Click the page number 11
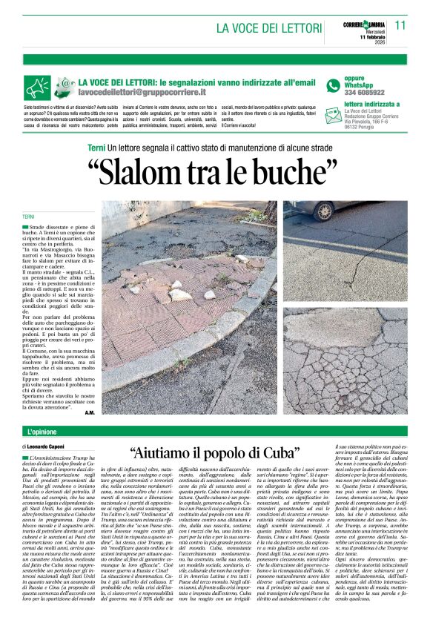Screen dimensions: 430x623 401,24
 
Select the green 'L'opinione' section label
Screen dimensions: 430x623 42,431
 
